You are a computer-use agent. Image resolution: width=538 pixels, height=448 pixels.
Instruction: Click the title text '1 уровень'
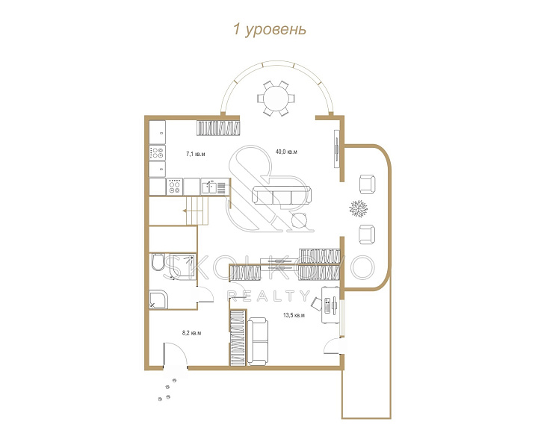pyautogui.click(x=269, y=29)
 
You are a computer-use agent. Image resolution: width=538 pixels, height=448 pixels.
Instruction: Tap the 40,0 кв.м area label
pyautogui.click(x=286, y=152)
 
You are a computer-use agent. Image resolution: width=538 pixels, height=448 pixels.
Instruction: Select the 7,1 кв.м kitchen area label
pyautogui.click(x=196, y=155)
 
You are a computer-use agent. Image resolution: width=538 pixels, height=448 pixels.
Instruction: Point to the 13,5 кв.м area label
pyautogui.click(x=294, y=315)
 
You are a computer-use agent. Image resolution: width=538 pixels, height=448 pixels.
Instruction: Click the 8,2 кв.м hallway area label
pyautogui.click(x=191, y=333)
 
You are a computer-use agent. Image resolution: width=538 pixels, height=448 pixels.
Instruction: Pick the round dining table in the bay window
pyautogui.click(x=276, y=98)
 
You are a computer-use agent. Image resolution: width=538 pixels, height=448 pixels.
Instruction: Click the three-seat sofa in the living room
pyautogui.click(x=282, y=196)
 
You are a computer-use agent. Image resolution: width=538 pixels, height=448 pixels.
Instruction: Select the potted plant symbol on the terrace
pyautogui.click(x=358, y=208)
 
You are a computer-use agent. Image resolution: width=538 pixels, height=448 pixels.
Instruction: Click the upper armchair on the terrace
pyautogui.click(x=367, y=184)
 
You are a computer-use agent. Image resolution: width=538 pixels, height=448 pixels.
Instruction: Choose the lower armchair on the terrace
pyautogui.click(x=367, y=234)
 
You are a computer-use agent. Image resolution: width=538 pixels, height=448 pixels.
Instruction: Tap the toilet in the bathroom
pyautogui.click(x=157, y=262)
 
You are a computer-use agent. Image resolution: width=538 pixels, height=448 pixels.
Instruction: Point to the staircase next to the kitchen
pyautogui.click(x=196, y=211)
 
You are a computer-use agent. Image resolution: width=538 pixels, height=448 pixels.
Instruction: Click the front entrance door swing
pyautogui.click(x=176, y=355)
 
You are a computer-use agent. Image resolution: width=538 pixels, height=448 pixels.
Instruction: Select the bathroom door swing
pyautogui.click(x=205, y=294)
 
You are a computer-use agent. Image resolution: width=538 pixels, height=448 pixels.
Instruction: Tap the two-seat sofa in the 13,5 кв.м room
pyautogui.click(x=258, y=341)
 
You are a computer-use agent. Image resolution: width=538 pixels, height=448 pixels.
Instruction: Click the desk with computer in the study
pyautogui.click(x=330, y=305)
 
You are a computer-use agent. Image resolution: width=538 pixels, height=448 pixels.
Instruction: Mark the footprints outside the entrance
pyautogui.click(x=167, y=389)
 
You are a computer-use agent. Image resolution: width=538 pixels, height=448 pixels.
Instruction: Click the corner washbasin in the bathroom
pyautogui.click(x=158, y=299)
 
